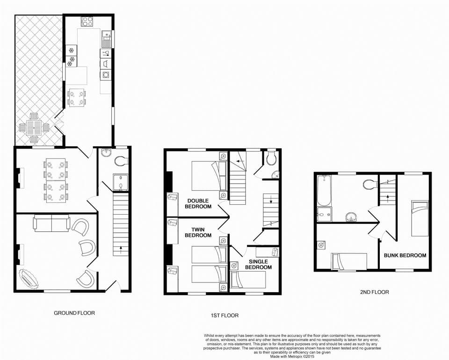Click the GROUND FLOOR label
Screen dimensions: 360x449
pos(74,313)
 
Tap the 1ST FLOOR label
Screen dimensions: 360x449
pos(224,316)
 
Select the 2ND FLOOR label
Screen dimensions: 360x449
pos(374,292)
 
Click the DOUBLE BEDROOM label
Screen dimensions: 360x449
pos(197,203)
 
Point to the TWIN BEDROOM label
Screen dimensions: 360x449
pos(197,232)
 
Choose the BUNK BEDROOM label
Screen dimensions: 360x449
pos(405,255)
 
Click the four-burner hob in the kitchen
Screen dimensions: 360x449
pos(87,21)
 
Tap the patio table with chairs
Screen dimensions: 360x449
pos(34,126)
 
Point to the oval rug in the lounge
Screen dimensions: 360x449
pos(29,279)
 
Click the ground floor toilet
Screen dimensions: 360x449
pos(121,160)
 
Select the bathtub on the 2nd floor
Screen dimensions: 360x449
pos(324,190)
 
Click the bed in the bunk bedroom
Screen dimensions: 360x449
pos(420,217)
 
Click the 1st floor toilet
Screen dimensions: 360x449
pos(271,159)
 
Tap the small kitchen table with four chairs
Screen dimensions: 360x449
pos(77,98)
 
